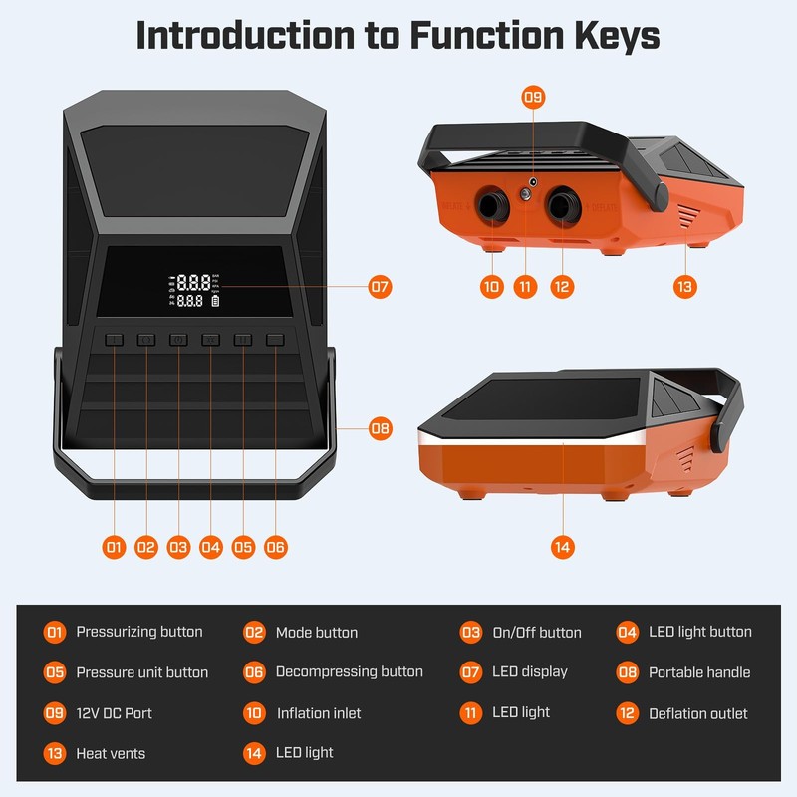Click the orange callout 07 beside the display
[380, 287]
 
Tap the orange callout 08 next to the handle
[381, 428]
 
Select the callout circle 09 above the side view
[533, 97]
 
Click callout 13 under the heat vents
[684, 287]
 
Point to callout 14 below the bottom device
[563, 547]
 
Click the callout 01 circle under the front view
[114, 547]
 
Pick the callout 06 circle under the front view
[276, 547]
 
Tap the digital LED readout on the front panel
[194, 291]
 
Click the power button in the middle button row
[178, 340]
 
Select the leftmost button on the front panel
[114, 340]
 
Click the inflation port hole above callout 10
[492, 205]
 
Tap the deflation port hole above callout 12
[562, 205]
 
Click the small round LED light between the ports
[526, 194]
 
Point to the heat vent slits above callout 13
[687, 215]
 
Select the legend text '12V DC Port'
[114, 713]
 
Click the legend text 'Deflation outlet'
[698, 713]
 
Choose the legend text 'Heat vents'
[111, 753]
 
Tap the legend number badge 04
[628, 633]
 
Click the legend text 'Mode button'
[317, 633]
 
